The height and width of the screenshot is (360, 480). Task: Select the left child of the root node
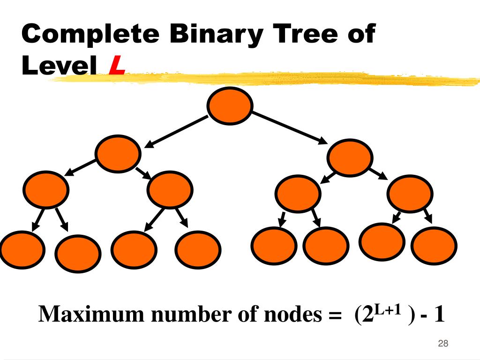118,153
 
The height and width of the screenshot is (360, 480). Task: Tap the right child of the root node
350,157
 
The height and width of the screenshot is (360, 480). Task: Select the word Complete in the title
90,35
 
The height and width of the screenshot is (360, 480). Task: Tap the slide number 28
443,344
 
